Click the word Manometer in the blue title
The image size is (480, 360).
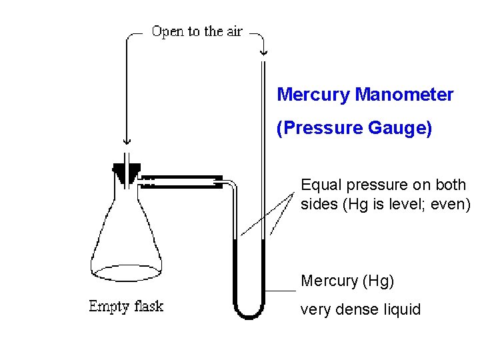[404, 95]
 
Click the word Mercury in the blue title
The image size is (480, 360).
[313, 95]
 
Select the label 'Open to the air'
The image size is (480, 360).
[197, 31]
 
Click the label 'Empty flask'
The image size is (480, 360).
[126, 307]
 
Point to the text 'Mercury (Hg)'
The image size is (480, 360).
[347, 281]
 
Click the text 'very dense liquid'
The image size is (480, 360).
[361, 309]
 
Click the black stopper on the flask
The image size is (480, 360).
[127, 174]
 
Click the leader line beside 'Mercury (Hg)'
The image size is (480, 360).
[280, 291]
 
